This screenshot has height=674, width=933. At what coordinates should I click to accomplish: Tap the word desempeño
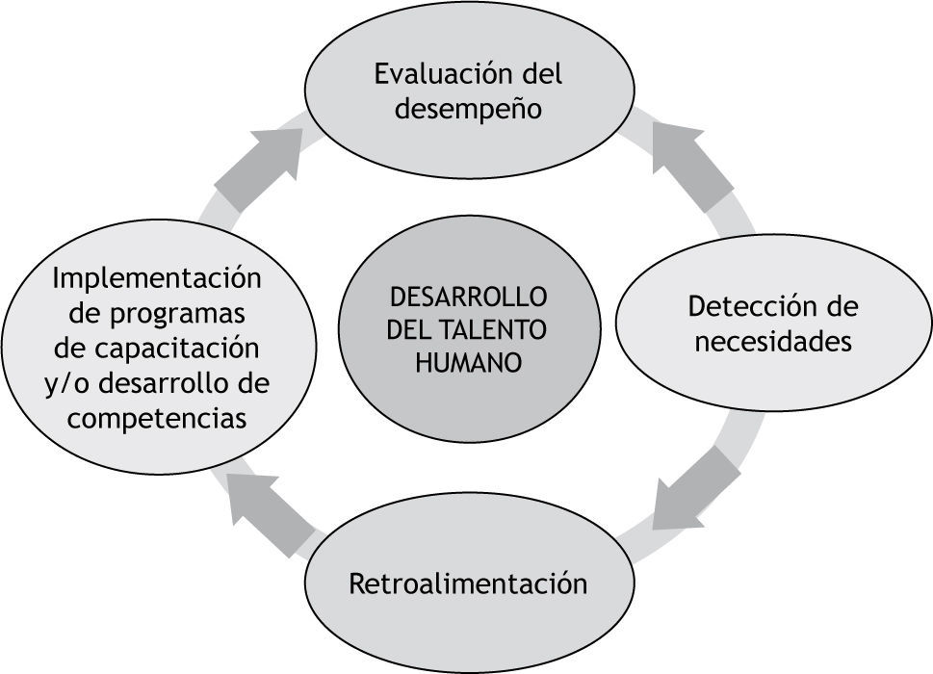coord(468,109)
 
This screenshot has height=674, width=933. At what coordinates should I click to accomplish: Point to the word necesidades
coord(773,342)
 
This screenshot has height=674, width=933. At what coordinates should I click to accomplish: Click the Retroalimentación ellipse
coord(468,583)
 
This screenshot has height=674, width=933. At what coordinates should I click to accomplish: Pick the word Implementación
coord(157,278)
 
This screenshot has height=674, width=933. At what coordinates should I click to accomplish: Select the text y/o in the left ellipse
coord(64,383)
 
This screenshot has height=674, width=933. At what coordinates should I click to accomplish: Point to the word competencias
coord(157,418)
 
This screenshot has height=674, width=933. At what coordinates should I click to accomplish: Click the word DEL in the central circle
coord(408,330)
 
